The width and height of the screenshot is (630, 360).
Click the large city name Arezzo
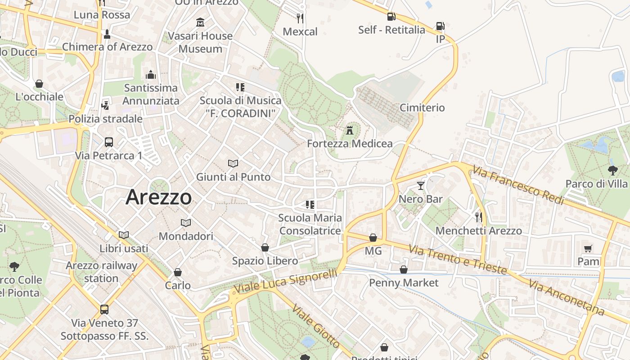click(159, 197)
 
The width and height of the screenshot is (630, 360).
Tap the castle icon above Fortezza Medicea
click(350, 130)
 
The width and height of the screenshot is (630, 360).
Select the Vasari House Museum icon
click(200, 22)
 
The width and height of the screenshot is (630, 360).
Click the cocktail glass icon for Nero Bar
click(421, 185)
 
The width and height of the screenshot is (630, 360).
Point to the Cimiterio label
click(422, 108)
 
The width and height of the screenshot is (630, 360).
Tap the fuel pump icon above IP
click(440, 26)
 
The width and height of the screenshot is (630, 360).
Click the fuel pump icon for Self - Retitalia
click(391, 17)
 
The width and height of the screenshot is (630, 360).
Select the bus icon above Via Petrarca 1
click(108, 142)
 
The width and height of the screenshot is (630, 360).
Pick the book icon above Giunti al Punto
click(233, 163)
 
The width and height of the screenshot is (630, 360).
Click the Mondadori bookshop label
click(186, 236)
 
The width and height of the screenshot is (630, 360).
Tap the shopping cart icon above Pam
click(588, 248)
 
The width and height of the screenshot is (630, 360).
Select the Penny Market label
click(404, 283)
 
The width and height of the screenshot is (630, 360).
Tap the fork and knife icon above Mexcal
click(300, 18)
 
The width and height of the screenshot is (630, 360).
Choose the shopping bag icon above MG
click(373, 238)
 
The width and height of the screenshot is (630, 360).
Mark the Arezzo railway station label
click(101, 272)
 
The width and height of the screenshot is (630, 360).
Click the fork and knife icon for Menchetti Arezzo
click(479, 217)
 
